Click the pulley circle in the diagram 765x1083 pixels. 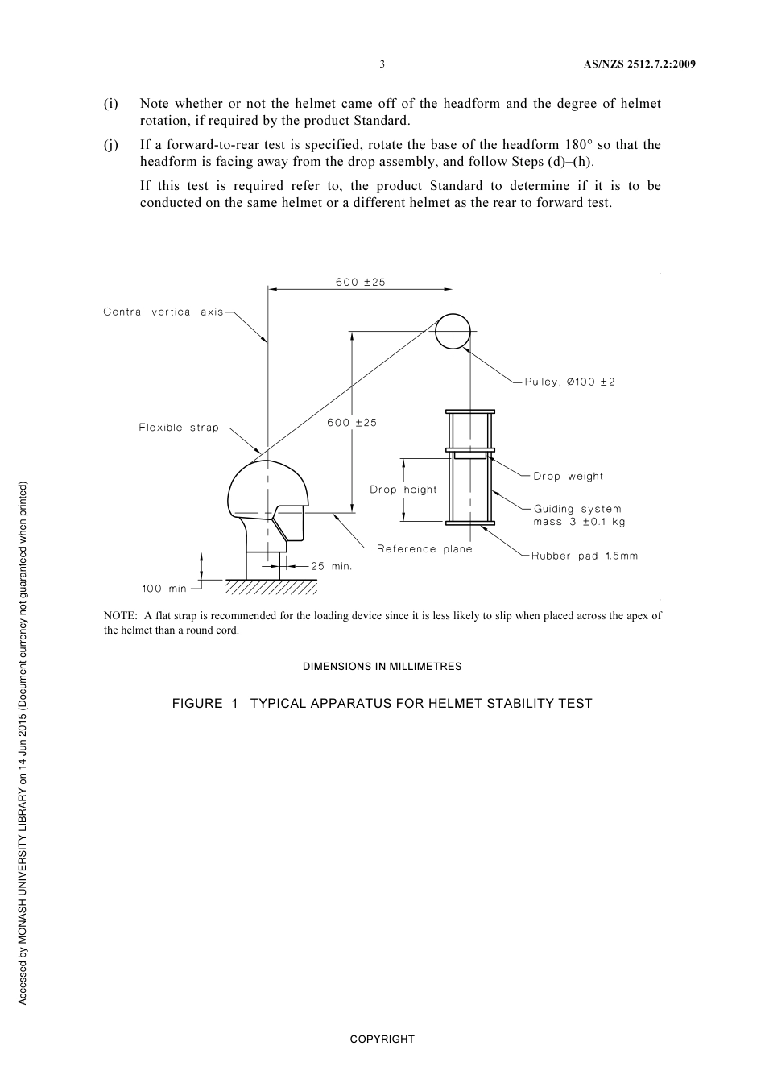[x=452, y=331]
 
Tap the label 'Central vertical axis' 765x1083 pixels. [x=163, y=312]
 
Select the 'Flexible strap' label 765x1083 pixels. [x=179, y=428]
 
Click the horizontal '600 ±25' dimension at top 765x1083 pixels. [x=361, y=282]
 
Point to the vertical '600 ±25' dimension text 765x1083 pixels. [x=352, y=423]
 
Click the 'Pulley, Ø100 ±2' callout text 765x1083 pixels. [x=569, y=382]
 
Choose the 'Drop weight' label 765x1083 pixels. [x=568, y=476]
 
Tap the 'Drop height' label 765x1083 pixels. [x=403, y=490]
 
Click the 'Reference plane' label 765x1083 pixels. [x=424, y=549]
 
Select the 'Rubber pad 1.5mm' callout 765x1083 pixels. [x=584, y=556]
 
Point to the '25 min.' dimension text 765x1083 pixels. [x=332, y=566]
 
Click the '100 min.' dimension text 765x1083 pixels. [x=165, y=589]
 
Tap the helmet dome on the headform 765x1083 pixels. [x=266, y=487]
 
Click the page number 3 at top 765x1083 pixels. [x=382, y=64]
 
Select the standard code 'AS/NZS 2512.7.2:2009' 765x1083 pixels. [x=639, y=64]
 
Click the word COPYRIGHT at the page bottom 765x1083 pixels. [x=382, y=1039]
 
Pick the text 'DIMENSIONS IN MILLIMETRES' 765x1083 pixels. [x=382, y=667]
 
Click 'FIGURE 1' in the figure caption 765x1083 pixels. [x=205, y=704]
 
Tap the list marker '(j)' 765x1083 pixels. [x=111, y=145]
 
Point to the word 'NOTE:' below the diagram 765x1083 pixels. [x=120, y=616]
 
